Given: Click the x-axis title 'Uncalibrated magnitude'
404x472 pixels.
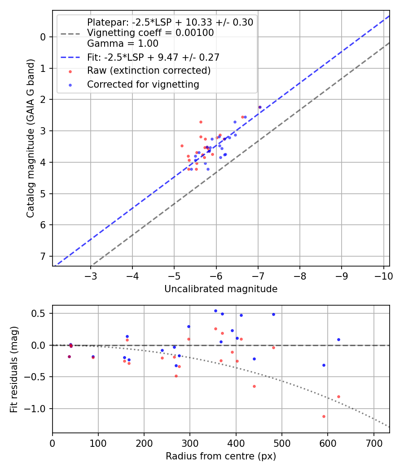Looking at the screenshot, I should (x=221, y=289).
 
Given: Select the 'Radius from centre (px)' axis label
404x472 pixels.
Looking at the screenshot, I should (x=221, y=456).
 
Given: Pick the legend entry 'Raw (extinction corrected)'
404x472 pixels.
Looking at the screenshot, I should (x=149, y=71).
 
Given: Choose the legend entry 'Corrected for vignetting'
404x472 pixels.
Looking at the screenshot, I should (x=143, y=84).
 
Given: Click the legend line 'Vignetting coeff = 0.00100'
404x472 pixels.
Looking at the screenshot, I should (x=150, y=33).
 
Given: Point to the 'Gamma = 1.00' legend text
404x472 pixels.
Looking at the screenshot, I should (x=123, y=44).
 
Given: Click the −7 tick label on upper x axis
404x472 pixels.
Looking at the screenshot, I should (x=258, y=275).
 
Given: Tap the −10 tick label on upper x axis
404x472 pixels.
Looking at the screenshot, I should (x=382, y=275).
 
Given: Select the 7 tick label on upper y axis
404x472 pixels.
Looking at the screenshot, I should (x=44, y=256).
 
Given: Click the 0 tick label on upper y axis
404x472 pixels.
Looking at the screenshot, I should (x=44, y=37).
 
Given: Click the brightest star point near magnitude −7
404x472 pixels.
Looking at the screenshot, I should (x=259, y=107).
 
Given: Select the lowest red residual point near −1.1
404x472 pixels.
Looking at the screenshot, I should (x=324, y=416).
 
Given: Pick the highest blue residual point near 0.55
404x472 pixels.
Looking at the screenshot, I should (x=215, y=311).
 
